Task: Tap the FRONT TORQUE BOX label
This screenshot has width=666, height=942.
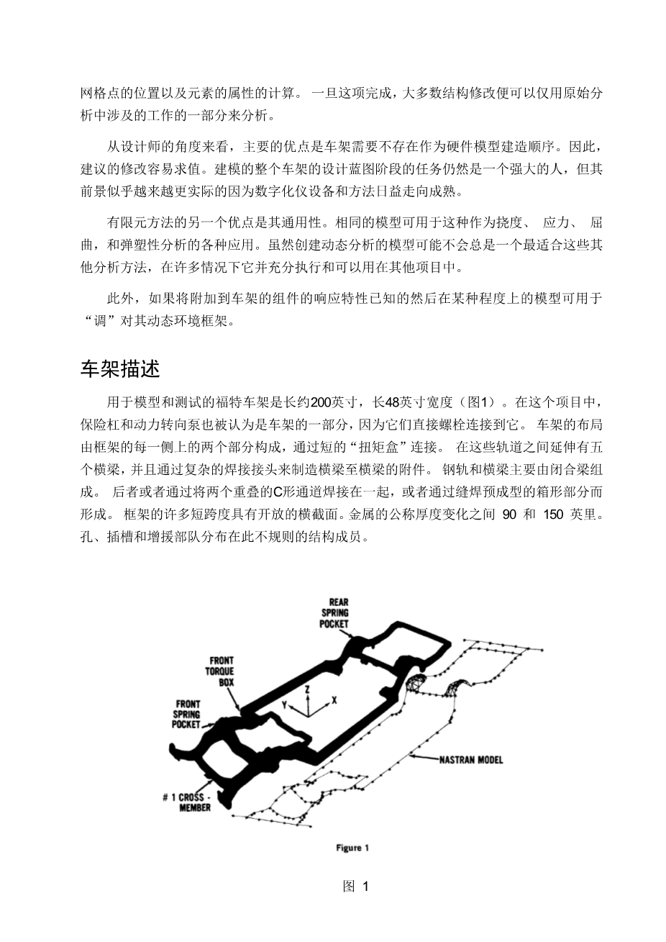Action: pos(222,671)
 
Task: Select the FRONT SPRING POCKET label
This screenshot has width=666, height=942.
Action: pos(186,714)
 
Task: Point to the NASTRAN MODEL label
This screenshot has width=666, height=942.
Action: pos(471,759)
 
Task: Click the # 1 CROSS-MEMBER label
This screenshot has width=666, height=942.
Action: pos(188,802)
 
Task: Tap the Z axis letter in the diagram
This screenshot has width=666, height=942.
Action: pos(308,689)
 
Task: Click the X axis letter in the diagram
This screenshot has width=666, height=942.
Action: pos(334,699)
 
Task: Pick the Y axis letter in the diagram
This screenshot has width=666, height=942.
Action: pos(285,705)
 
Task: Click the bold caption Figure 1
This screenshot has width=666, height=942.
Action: pos(352,848)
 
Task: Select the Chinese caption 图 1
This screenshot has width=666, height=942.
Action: pos(355,887)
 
